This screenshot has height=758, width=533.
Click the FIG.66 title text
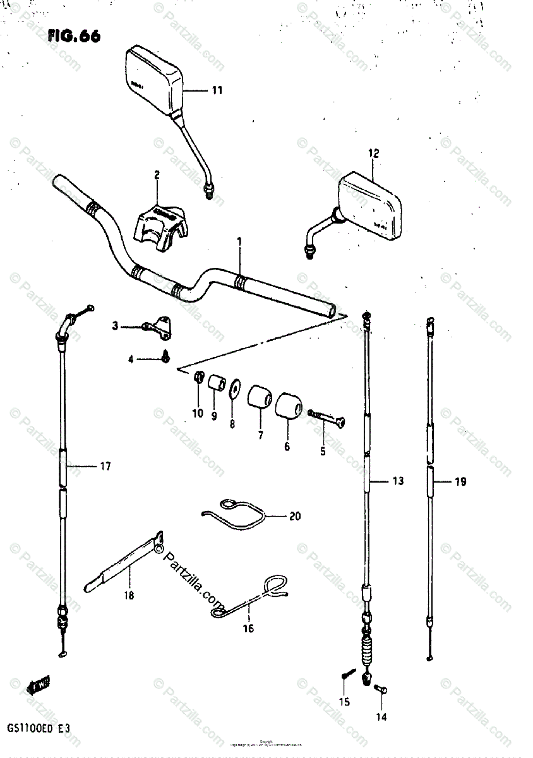pyautogui.click(x=73, y=36)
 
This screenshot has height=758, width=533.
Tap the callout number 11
pyautogui.click(x=217, y=91)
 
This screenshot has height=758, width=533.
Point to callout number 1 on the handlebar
pyautogui.click(x=240, y=241)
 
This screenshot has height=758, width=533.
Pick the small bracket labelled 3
pyautogui.click(x=158, y=325)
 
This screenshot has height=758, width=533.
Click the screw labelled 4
pyautogui.click(x=165, y=357)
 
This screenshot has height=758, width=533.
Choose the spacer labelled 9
pyautogui.click(x=217, y=383)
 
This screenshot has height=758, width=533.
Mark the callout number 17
pyautogui.click(x=105, y=467)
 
